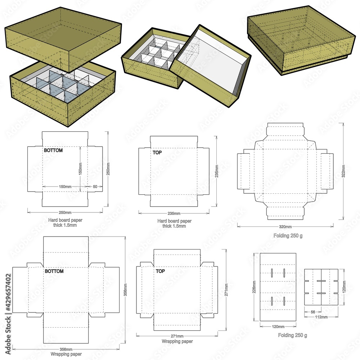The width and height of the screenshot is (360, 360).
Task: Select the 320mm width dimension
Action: pyautogui.click(x=285, y=227)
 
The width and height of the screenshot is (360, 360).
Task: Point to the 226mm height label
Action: pyautogui.click(x=255, y=287)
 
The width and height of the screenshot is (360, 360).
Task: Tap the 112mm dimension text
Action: pyautogui.click(x=321, y=317)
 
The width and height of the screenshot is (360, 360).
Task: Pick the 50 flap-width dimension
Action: pyautogui.click(x=95, y=187)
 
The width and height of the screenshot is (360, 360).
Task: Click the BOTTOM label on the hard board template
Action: pyautogui.click(x=53, y=150)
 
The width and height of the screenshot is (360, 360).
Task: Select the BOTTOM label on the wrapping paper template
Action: pyautogui.click(x=54, y=271)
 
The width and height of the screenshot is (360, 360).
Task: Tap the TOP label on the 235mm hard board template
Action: pyautogui.click(x=157, y=153)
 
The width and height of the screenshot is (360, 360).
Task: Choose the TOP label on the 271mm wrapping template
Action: pyautogui.click(x=160, y=271)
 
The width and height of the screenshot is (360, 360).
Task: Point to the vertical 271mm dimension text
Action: pyautogui.click(x=226, y=289)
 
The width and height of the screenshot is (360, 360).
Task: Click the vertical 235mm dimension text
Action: pyautogui.click(x=216, y=171)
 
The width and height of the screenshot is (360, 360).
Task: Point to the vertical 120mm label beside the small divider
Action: pyautogui.click(x=344, y=286)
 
